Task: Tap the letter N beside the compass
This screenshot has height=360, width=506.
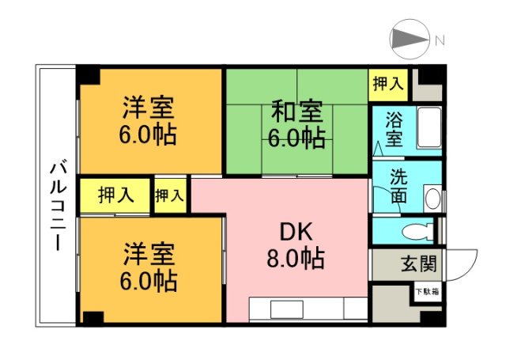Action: click(440, 40)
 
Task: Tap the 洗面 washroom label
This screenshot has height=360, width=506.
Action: click(399, 188)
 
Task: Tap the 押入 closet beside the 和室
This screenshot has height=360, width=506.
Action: click(387, 83)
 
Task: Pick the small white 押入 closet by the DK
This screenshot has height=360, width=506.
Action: click(170, 195)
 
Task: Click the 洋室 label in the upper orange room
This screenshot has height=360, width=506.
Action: click(148, 107)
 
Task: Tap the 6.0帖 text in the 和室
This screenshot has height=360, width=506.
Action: click(296, 138)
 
